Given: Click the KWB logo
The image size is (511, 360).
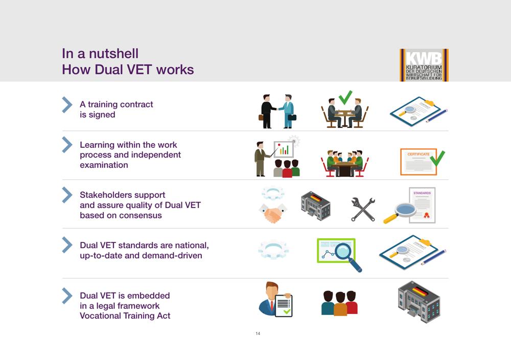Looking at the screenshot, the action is click(424, 65).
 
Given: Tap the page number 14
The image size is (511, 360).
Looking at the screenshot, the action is click(258, 333).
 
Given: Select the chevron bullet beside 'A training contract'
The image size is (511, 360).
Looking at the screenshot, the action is click(67, 105).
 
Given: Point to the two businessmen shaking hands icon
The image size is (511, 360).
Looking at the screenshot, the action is click(277, 111).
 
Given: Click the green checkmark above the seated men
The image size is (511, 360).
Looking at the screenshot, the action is click(345, 97).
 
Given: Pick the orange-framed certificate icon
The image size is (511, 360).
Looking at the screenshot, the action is click(419, 162).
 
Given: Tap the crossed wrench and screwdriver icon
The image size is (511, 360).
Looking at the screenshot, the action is click(363, 209).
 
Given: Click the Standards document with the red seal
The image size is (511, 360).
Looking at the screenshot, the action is click(422, 205).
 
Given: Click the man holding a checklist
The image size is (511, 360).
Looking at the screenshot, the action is click(276, 299).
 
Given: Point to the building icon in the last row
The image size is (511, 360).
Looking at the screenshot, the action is click(419, 302).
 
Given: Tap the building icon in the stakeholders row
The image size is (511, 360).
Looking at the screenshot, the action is click(315, 206).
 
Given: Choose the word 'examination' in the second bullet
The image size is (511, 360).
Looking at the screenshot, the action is click(104, 165).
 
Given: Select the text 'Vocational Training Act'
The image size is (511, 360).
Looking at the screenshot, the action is click(125, 316).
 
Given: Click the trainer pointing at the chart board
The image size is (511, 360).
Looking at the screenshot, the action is click(263, 159).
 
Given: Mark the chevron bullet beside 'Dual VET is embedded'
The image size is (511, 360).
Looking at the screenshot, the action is click(67, 296).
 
